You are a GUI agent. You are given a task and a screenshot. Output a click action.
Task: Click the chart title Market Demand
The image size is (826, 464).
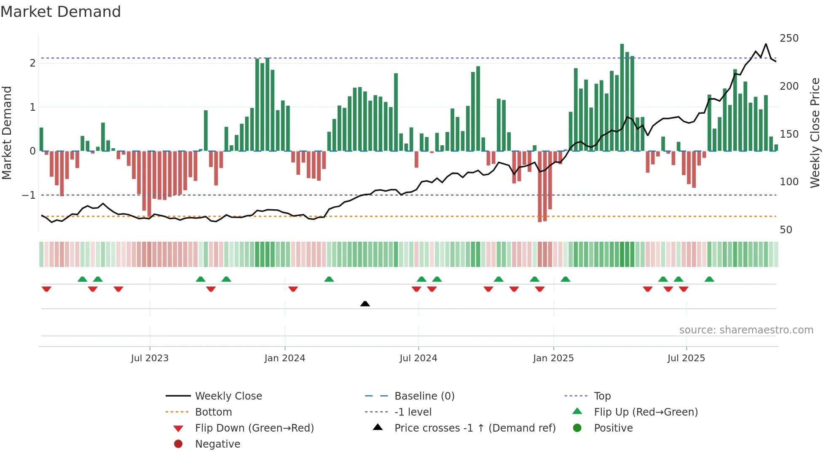(x=61, y=12)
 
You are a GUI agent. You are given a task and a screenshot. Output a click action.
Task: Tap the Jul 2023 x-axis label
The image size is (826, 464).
(x=150, y=358)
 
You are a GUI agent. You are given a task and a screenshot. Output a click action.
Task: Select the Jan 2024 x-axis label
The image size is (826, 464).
(x=284, y=358)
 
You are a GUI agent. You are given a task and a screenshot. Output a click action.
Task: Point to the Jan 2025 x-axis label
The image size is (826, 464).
(x=553, y=358)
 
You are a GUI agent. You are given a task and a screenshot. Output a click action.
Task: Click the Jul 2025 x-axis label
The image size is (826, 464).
(x=686, y=358)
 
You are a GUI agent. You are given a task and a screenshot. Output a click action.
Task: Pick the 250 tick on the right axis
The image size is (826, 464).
(x=789, y=38)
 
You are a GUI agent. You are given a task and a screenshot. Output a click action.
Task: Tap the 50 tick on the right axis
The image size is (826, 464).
(x=786, y=230)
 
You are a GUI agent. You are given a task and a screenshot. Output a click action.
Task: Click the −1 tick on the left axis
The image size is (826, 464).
(x=29, y=195)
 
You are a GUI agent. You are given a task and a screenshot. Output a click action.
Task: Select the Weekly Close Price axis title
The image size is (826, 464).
(x=815, y=133)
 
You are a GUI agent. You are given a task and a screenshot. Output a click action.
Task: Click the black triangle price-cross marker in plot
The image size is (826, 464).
(x=365, y=304)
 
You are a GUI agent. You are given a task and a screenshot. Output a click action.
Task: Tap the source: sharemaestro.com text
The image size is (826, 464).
(x=746, y=330)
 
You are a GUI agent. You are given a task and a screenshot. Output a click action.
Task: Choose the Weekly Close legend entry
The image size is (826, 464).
(x=228, y=396)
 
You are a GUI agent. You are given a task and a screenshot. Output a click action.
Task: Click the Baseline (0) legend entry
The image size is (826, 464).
(x=424, y=396)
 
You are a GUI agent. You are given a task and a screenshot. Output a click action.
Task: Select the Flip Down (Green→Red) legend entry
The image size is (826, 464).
(x=254, y=428)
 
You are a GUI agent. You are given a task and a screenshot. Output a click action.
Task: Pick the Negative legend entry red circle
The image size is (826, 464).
(x=178, y=444)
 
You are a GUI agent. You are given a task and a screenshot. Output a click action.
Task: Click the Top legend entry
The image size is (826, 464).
(x=602, y=396)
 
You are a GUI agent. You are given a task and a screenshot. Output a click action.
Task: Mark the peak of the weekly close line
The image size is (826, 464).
(x=766, y=44)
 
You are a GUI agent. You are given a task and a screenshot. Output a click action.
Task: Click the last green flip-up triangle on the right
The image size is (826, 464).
(x=709, y=279)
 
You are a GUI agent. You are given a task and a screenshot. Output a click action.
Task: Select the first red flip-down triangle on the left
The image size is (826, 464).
(x=46, y=289)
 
